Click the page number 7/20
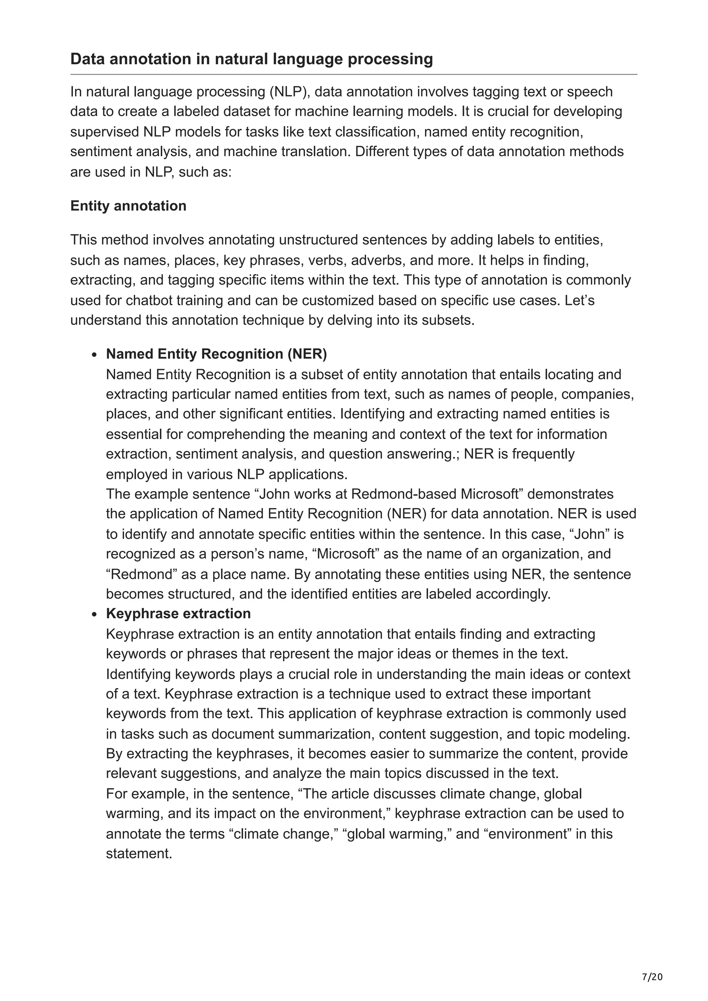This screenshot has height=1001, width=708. [x=652, y=964]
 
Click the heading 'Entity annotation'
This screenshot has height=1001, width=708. [x=128, y=206]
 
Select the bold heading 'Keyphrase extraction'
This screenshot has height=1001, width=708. [x=178, y=613]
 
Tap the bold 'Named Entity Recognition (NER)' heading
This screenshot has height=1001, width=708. [x=216, y=354]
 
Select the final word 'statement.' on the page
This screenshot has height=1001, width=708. [x=139, y=853]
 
